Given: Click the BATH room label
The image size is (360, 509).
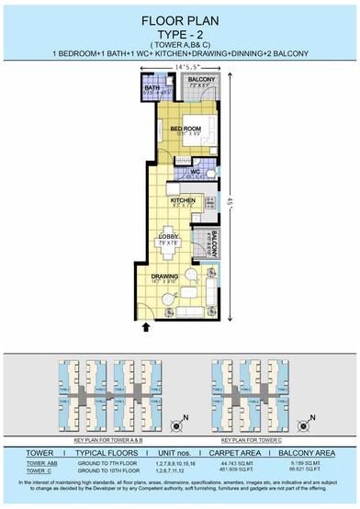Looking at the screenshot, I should click(x=152, y=87).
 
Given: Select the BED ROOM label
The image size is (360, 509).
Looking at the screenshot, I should click(x=186, y=129).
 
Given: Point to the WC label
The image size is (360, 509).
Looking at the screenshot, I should click(x=195, y=172).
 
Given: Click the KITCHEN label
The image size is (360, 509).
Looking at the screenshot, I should click(x=183, y=199).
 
